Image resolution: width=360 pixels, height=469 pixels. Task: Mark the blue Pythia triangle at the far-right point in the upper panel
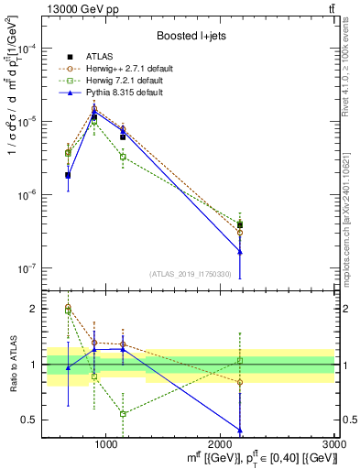(x=240, y=251)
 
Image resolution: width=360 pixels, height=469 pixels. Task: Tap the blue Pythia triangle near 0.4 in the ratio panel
(x=240, y=431)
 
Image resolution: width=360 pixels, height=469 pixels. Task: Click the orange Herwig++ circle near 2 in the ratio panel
(x=68, y=307)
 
